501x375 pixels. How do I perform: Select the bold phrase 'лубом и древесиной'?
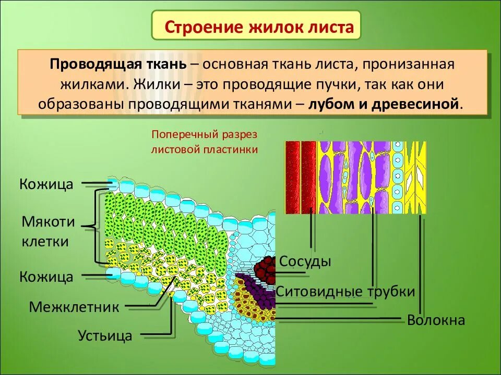385,103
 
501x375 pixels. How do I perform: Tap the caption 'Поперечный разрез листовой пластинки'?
205,142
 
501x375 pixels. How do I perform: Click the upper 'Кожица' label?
46,184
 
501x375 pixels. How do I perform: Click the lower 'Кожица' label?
46,277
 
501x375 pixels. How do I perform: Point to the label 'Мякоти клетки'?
48,232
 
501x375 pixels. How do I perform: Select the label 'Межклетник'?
74,307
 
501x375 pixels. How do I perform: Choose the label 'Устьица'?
105,335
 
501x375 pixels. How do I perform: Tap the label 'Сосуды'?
305,261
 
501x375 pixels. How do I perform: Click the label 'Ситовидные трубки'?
345,292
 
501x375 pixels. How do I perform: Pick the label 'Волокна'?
436,320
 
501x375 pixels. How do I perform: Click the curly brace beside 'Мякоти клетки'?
96,227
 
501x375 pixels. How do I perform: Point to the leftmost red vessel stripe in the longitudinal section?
292,177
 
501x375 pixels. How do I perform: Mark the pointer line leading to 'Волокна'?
421,260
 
